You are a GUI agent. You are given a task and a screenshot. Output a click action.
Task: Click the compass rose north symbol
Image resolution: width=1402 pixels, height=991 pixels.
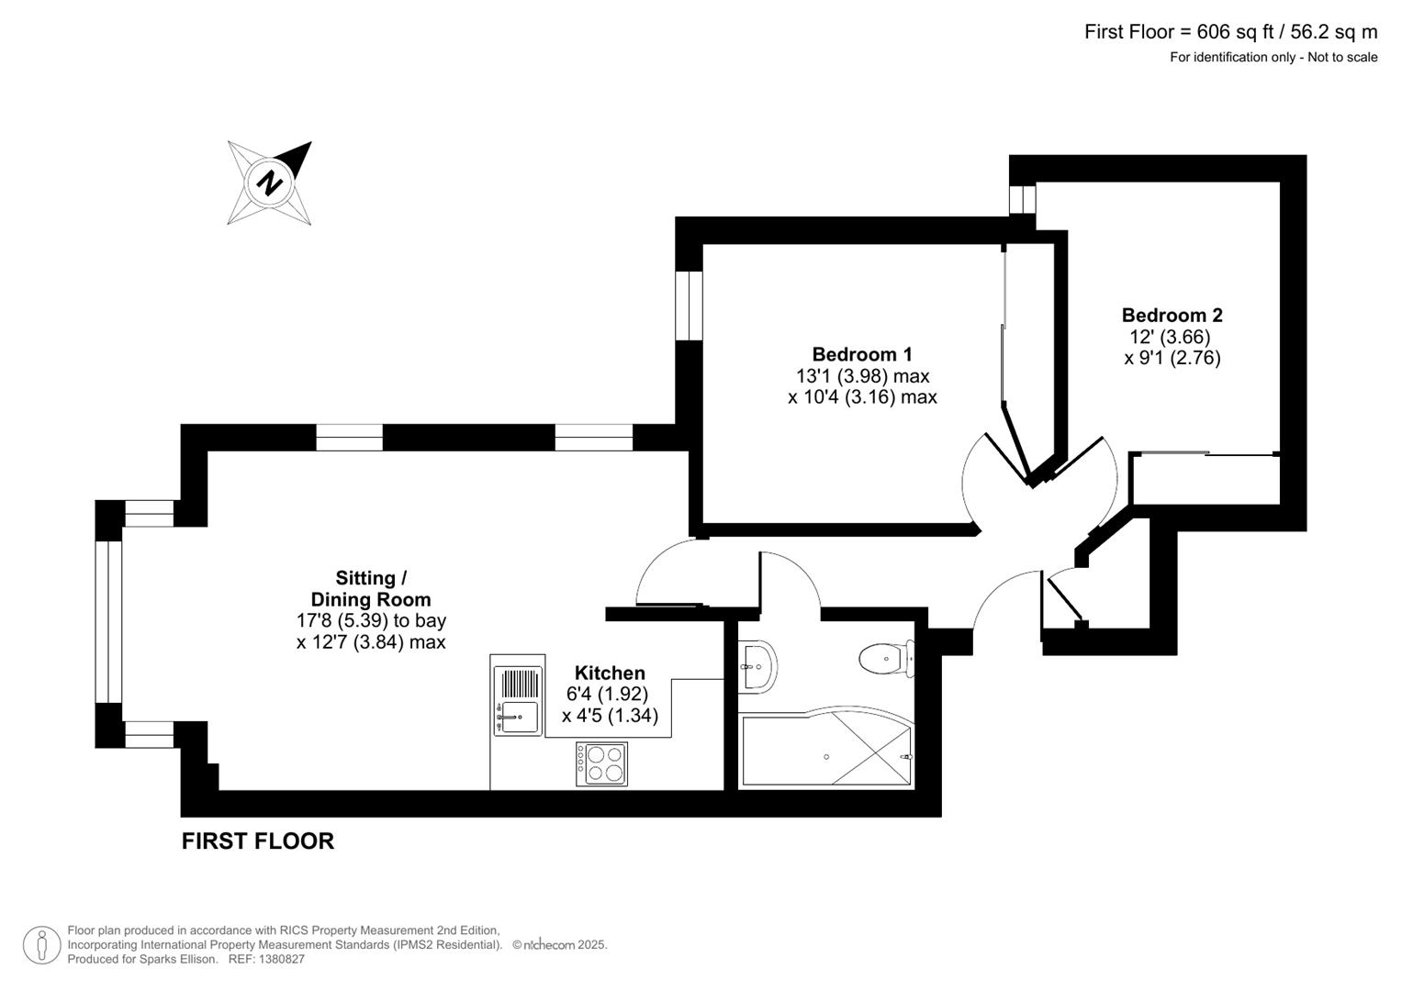pos(269,183)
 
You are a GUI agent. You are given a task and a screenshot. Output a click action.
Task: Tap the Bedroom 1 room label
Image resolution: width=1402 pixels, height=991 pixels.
pos(861,354)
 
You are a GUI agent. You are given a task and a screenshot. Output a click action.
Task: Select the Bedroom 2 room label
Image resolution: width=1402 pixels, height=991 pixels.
pos(1172,315)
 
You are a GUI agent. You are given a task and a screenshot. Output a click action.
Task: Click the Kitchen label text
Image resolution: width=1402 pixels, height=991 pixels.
pos(610,673)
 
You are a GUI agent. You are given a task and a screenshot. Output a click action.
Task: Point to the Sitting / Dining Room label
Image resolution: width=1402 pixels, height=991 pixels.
pos(370,588)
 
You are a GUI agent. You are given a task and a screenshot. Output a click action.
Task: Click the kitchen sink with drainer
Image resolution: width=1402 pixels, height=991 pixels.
pos(517,701)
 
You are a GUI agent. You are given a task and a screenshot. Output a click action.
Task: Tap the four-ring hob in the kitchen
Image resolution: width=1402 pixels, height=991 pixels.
pos(601,763)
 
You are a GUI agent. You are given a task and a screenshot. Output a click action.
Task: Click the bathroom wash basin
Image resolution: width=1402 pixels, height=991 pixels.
pos(758,663)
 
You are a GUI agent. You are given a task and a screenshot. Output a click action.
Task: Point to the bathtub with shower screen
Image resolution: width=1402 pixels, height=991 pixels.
pos(826,751)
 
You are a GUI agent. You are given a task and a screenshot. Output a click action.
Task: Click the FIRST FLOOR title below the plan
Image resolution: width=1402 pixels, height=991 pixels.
pos(257,841)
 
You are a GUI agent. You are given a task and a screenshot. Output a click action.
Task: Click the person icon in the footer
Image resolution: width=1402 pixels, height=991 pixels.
pos(41,945)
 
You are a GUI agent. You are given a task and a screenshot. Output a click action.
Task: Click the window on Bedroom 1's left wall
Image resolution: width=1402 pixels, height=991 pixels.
pos(689,306)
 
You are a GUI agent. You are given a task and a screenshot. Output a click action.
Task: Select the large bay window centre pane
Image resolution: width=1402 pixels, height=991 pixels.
pos(108,622)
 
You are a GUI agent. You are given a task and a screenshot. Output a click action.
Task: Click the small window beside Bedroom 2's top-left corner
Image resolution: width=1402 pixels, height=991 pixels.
pos(1022,199)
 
